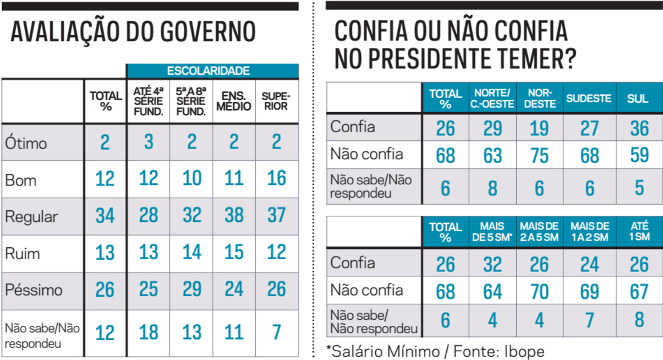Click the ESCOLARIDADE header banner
coord(212,71)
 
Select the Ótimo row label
coord(26,143)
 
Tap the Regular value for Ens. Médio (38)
coord(234,216)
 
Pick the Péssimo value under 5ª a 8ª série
coord(191,290)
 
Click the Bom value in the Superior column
coord(276,178)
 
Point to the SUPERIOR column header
coord(276,101)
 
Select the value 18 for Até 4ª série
coord(149,332)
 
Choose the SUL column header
coord(638,99)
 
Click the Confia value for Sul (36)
coord(639,128)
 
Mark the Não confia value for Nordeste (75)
coord(539,155)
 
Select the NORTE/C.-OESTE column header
coord(492,99)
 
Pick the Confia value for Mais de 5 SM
coord(492,265)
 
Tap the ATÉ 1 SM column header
coord(639,231)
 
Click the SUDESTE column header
coord(589,99)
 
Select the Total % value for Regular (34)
coord(105,216)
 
